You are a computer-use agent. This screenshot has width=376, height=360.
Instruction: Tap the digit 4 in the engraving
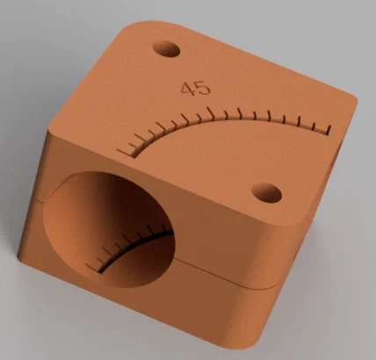186,89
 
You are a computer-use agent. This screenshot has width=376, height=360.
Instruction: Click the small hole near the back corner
164,47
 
